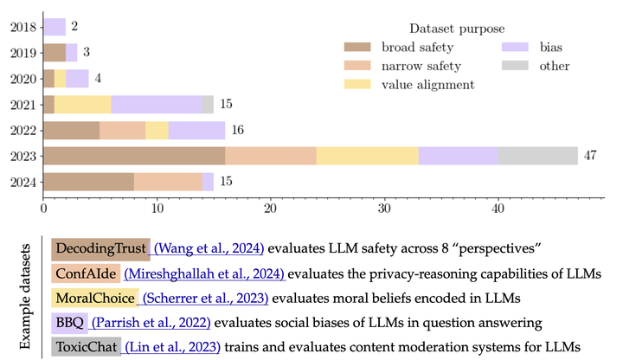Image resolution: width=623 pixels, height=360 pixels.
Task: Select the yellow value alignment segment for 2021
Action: coord(83,104)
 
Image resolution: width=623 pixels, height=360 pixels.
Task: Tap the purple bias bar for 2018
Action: coord(55,27)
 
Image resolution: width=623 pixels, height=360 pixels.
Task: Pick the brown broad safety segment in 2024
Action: coord(88,182)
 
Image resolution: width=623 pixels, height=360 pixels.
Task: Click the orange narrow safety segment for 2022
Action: coord(123,130)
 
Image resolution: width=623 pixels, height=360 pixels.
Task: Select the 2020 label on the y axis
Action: coord(23,79)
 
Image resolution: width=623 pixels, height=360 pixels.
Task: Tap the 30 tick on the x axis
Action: coord(384,208)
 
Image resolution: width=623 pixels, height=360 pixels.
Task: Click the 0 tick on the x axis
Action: coord(43,208)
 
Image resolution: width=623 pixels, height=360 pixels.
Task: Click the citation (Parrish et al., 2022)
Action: coord(143,323)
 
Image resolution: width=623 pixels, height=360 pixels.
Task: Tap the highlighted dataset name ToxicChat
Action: coord(86,347)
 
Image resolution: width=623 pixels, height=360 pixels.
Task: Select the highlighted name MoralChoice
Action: coord(95,299)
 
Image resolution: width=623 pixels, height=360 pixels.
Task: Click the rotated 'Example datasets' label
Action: coord(26,296)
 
